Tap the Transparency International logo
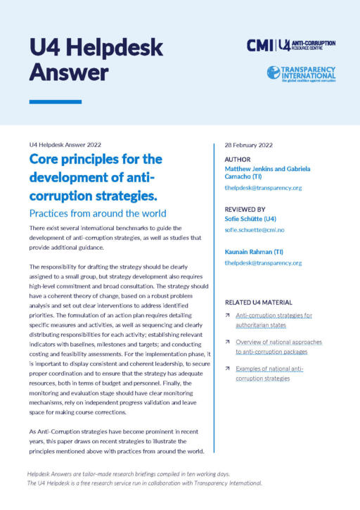click(x=301, y=73)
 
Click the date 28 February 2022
click(x=248, y=145)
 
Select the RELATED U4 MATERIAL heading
click(x=262, y=302)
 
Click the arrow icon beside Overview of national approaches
click(x=228, y=342)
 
